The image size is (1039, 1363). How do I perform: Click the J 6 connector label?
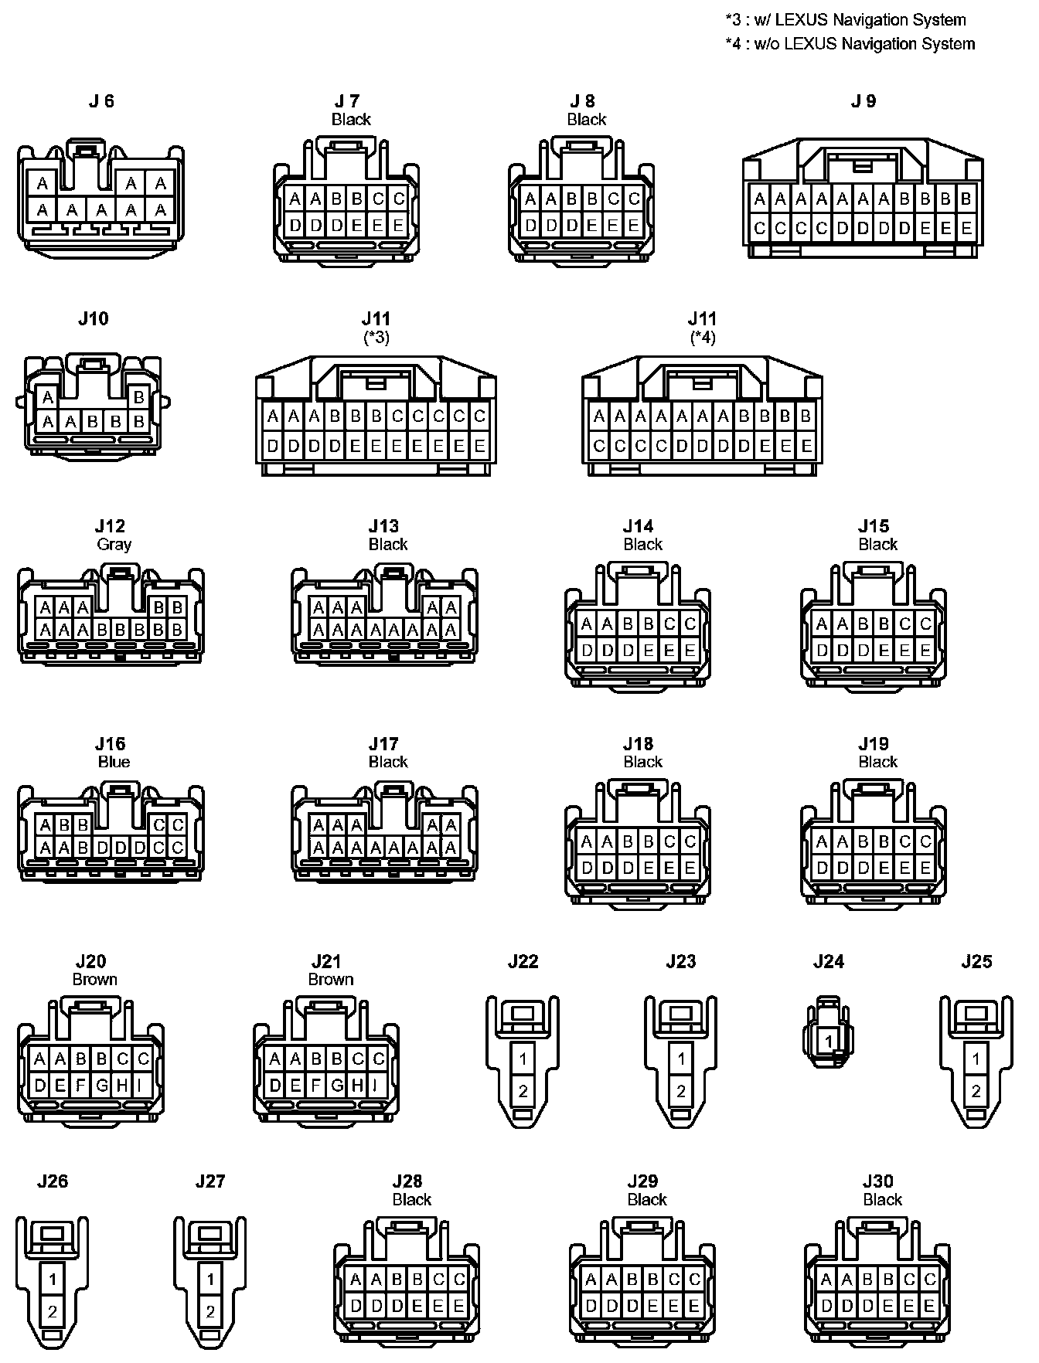pyautogui.click(x=101, y=101)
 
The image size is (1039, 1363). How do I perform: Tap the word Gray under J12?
pyautogui.click(x=114, y=544)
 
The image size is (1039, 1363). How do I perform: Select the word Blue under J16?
pyautogui.click(x=114, y=762)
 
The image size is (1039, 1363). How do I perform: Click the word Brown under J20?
pyautogui.click(x=94, y=979)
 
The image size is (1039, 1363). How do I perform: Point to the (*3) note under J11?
pyautogui.click(x=376, y=337)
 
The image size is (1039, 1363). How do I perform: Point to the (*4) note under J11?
pyautogui.click(x=703, y=337)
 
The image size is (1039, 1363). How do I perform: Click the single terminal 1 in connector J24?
pyautogui.click(x=828, y=1041)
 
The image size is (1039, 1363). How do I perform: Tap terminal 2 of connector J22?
pyautogui.click(x=523, y=1091)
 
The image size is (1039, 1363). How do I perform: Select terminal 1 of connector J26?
pyautogui.click(x=53, y=1280)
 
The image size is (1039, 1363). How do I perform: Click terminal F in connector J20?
pyautogui.click(x=81, y=1085)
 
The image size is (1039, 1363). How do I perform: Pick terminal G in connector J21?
pyautogui.click(x=337, y=1085)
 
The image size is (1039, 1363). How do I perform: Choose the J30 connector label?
pyautogui.click(x=877, y=1181)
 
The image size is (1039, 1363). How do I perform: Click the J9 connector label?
pyautogui.click(x=864, y=101)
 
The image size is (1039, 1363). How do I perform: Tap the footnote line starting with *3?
pyautogui.click(x=846, y=20)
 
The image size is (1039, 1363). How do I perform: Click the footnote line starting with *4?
pyautogui.click(x=850, y=44)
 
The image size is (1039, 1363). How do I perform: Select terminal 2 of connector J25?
pyautogui.click(x=976, y=1091)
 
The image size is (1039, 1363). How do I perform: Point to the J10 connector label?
pyautogui.click(x=94, y=319)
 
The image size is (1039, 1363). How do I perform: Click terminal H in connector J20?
pyautogui.click(x=122, y=1085)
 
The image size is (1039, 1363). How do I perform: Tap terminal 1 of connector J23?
pyautogui.click(x=681, y=1059)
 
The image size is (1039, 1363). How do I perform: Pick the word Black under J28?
pyautogui.click(x=411, y=1199)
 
